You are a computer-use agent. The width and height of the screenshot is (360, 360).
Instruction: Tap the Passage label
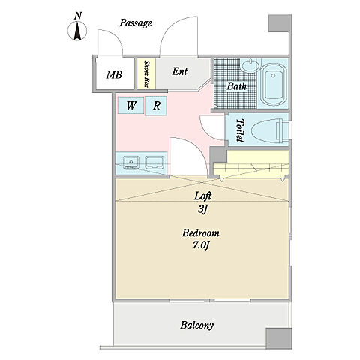coord(136,23)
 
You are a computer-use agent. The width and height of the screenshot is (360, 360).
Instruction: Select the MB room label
coord(114,75)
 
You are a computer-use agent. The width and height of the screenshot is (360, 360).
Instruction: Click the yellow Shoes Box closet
coord(146,73)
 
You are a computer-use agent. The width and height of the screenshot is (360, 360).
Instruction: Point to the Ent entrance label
coord(180,71)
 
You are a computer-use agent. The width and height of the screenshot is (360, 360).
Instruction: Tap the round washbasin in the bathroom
coord(250,66)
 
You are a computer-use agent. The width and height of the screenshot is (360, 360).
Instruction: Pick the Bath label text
coord(236,86)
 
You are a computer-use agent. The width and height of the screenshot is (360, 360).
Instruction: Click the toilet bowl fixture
coord(270,131)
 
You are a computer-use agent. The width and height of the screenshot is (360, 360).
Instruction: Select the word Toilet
coord(240,130)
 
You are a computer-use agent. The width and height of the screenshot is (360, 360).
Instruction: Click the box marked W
coord(130,105)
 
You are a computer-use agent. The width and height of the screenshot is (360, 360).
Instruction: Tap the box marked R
coord(156,106)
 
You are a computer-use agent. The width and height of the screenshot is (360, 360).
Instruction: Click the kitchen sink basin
coord(131,162)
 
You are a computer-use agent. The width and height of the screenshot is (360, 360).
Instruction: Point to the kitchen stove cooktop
coord(154,163)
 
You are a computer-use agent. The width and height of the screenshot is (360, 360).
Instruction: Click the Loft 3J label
coord(202,202)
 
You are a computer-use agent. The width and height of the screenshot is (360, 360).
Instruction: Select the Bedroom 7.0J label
coord(201,239)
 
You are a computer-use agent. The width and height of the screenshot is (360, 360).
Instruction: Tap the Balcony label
coord(197,325)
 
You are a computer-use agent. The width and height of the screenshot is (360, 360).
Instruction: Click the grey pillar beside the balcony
coord(279,338)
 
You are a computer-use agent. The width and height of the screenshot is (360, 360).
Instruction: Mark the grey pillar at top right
coord(280,23)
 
